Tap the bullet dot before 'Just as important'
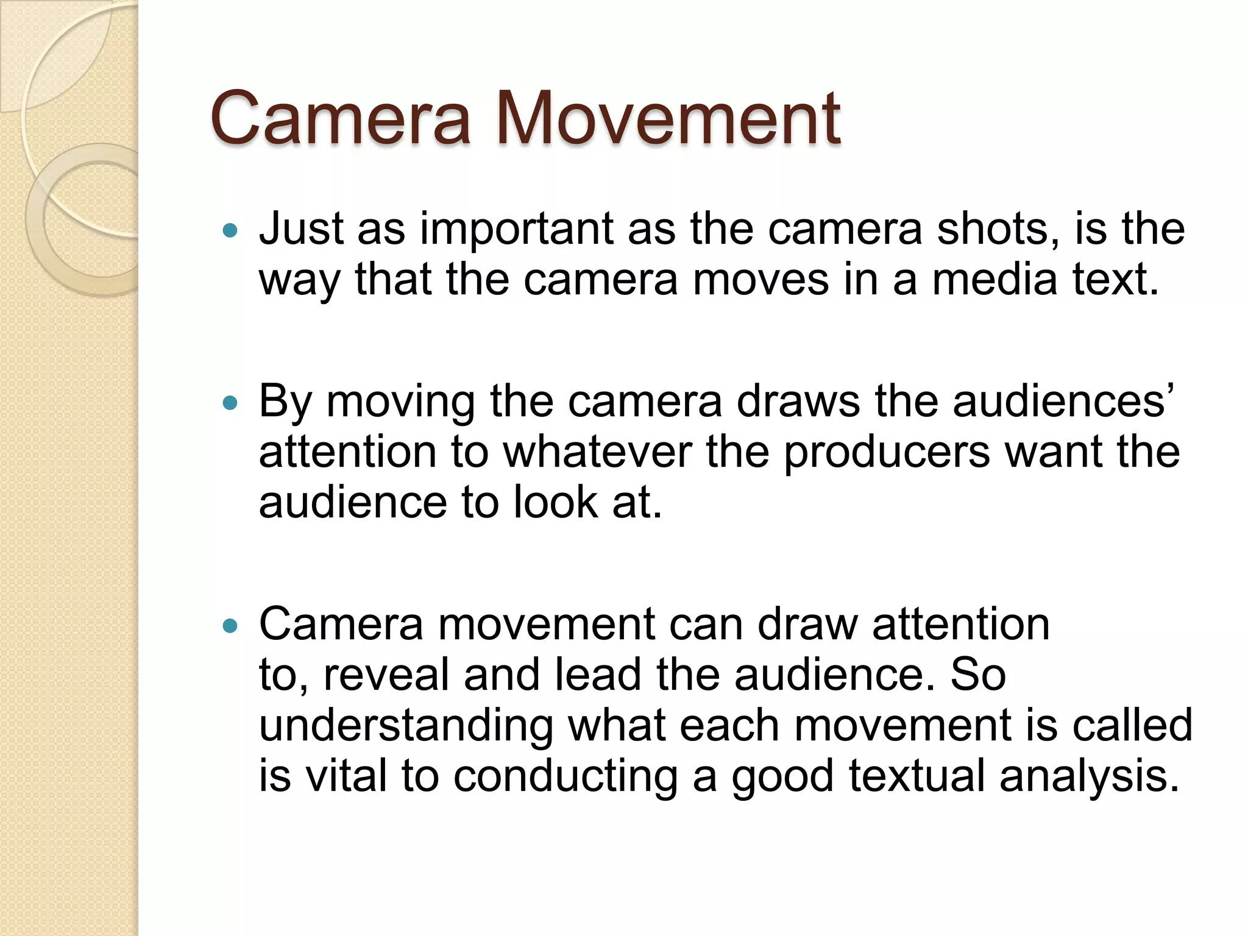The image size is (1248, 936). point(230,230)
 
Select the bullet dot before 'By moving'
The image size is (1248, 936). point(230,403)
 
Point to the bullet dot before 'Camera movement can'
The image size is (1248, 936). point(230,626)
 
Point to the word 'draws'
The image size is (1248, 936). point(798,402)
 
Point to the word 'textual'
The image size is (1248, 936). point(916,776)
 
